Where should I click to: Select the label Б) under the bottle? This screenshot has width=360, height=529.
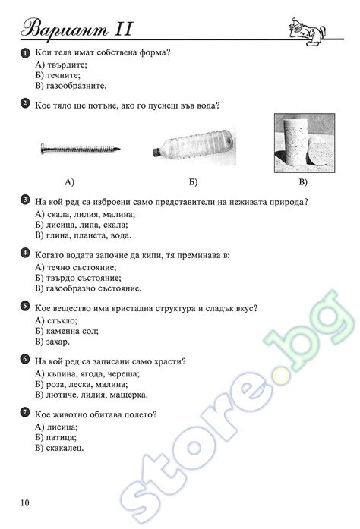coord(193,183)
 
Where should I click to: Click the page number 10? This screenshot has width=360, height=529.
coord(26,502)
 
